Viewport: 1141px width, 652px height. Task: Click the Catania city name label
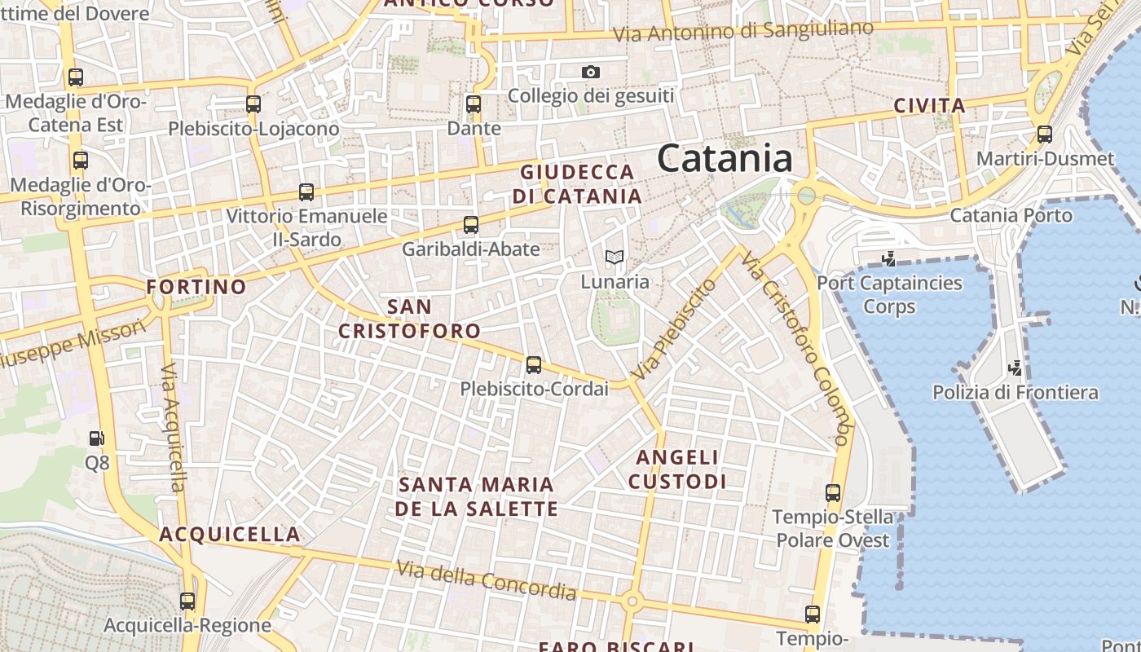click(x=725, y=158)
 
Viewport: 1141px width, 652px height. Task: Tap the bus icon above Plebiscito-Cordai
click(x=534, y=365)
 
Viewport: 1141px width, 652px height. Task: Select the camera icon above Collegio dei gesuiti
click(x=591, y=73)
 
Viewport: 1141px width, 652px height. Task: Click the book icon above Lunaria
click(x=615, y=258)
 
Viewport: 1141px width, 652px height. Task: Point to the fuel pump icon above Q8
click(x=97, y=438)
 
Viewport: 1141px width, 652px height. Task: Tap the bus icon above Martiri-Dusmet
click(x=1045, y=134)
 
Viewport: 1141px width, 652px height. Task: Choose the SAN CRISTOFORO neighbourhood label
click(x=409, y=319)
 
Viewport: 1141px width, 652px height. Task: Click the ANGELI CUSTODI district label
click(x=677, y=469)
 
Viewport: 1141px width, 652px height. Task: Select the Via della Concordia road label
click(x=487, y=580)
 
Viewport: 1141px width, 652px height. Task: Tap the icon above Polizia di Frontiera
click(x=1015, y=368)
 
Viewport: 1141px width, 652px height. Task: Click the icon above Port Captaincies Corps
click(x=889, y=259)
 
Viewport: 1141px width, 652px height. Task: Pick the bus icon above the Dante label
click(x=474, y=104)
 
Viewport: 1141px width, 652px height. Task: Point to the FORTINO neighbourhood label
click(x=196, y=287)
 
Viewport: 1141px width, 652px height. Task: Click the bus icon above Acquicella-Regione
click(x=187, y=601)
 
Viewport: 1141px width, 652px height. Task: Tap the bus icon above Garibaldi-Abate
click(x=470, y=225)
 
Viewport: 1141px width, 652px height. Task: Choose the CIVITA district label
click(x=930, y=106)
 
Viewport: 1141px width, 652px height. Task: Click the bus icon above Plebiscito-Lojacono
click(x=253, y=104)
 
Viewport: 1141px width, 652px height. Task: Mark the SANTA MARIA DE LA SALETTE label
click(x=477, y=496)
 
